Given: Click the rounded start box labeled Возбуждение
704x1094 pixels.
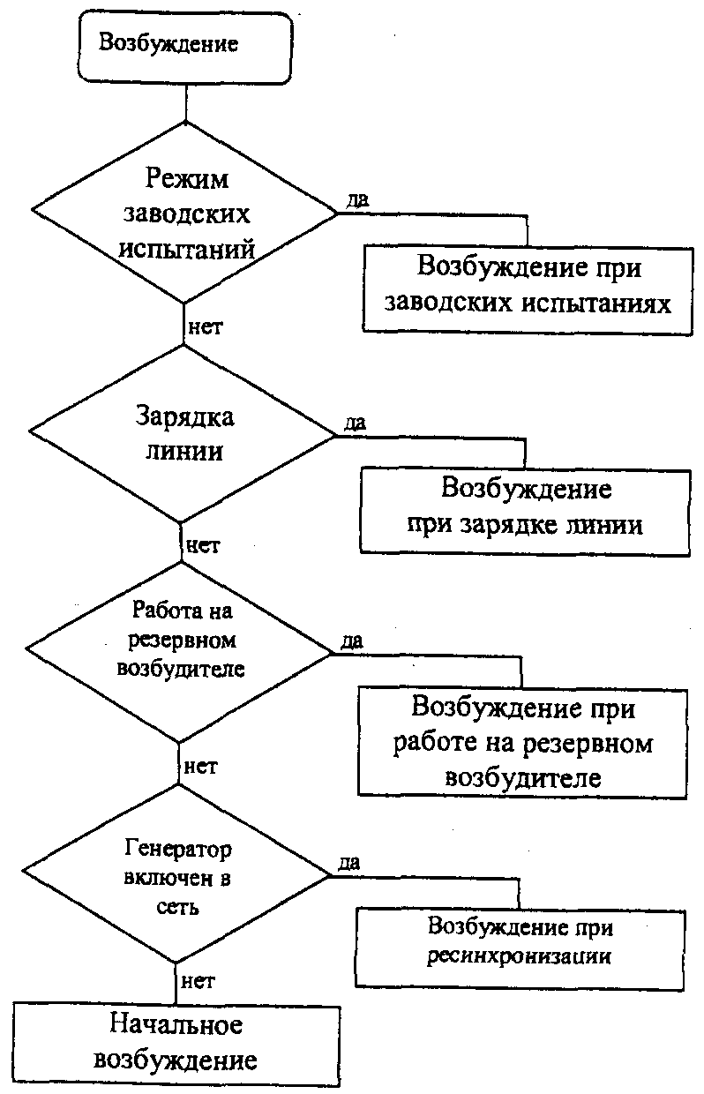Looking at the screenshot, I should click(x=183, y=46).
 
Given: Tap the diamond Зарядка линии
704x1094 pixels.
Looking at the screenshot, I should click(x=183, y=433).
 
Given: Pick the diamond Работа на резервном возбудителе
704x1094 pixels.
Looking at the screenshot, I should click(x=180, y=653).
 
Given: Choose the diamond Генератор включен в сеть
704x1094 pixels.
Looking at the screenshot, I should click(x=176, y=877).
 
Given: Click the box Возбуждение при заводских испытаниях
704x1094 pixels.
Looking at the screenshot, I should click(x=528, y=287).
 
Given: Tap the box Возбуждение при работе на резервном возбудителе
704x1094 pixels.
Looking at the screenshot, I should click(x=522, y=743).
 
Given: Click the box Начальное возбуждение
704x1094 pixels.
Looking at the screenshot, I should click(x=176, y=1042).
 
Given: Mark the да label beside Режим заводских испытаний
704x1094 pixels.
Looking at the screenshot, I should click(x=357, y=202).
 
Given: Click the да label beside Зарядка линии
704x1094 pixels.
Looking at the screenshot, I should click(x=356, y=423).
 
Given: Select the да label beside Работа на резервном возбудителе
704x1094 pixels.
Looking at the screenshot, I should click(x=351, y=642).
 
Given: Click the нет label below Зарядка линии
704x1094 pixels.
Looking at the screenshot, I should click(x=202, y=544).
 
